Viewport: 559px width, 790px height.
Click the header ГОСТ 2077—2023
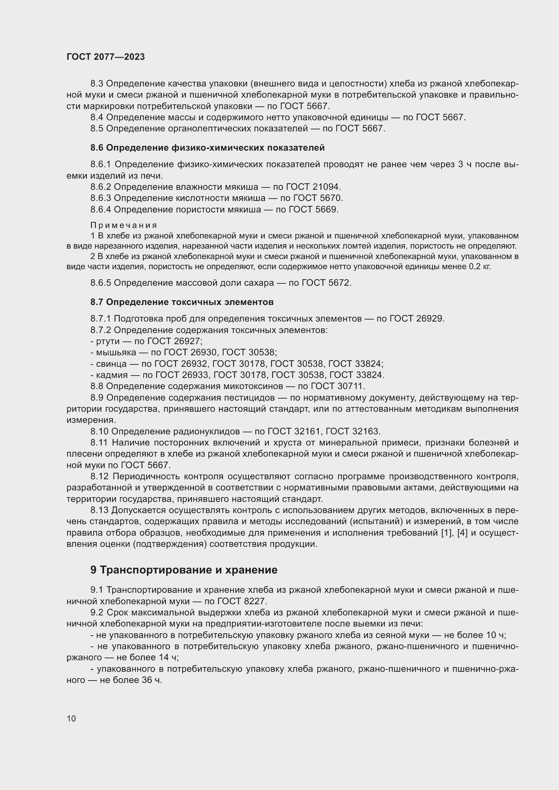pos(106,57)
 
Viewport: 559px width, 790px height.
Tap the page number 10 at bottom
pos(71,718)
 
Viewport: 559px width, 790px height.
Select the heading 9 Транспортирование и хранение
pos(184,570)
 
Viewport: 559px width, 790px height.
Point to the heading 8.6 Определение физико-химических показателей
pos(208,148)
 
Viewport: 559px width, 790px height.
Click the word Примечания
pos(124,225)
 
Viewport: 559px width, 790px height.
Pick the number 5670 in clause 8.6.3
pos(331,198)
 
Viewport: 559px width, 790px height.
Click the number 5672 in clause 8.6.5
pos(339,283)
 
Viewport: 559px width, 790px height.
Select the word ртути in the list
pos(108,341)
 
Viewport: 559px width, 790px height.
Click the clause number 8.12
pos(99,477)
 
